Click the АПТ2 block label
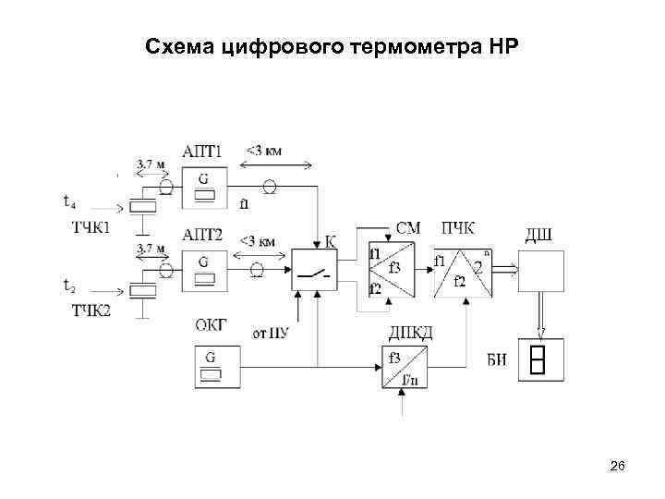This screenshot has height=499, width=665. tap(203, 234)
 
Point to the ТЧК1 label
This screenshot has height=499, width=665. tap(91, 226)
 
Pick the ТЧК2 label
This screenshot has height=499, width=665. tap(91, 310)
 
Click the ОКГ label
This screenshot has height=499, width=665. tap(212, 324)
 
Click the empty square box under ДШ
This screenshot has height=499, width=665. tap(540, 270)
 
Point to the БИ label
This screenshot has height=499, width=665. tap(496, 360)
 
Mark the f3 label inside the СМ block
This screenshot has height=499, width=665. tap(394, 268)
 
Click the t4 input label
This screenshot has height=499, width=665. tap(71, 201)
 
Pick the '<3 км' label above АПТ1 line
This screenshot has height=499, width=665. tap(263, 150)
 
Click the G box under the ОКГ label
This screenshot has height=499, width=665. tap(212, 364)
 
